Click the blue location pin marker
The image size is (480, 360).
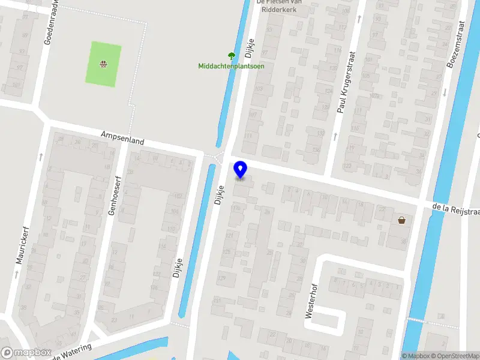[x=240, y=170]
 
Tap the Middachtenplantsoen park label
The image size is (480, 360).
[x=231, y=66]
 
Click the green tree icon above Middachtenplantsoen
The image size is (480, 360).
[x=231, y=56]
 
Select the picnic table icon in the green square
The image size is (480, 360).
[x=104, y=63]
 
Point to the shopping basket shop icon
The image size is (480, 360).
[x=401, y=220]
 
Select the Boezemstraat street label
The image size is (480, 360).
[x=457, y=44]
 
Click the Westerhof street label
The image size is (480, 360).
[x=311, y=298]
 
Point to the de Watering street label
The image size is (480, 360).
[x=72, y=351]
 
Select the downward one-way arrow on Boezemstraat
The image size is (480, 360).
[x=445, y=92]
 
